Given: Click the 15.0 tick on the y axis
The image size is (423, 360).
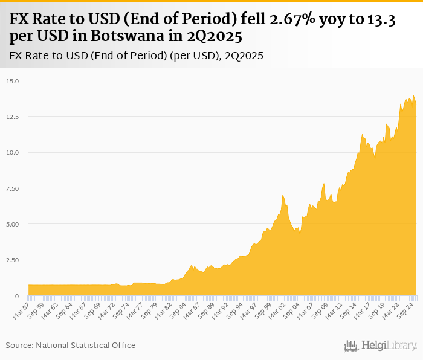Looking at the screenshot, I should tap(13, 80).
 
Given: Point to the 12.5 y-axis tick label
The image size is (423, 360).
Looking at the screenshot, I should tap(13, 116).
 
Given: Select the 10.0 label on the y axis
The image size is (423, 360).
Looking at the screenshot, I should tap(13, 152).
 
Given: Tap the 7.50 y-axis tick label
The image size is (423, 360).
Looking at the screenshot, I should tap(13, 188).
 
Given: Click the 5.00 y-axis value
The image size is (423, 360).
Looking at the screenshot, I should tap(13, 224).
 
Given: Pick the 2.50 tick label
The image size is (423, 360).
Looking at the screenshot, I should tap(13, 260).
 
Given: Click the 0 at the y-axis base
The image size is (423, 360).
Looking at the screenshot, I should tap(18, 296).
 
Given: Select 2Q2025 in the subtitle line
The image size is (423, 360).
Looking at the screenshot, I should tap(244, 56).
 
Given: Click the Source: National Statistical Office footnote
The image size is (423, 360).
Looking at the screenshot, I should tap(71, 345).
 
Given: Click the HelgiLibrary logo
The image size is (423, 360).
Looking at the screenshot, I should tap(380, 346).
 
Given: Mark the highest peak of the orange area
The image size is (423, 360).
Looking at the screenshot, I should tap(413, 95).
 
